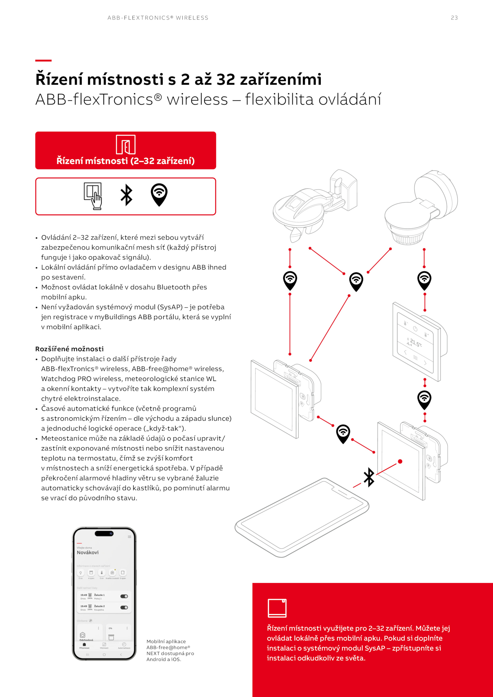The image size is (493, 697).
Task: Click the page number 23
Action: point(454,18)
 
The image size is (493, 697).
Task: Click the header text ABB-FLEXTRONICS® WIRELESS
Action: point(158,18)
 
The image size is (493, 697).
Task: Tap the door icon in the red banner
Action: point(126,144)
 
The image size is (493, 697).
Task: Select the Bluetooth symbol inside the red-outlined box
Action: point(126,195)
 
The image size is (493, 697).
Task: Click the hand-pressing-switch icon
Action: point(93,196)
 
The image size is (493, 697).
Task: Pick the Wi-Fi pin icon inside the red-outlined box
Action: point(159,195)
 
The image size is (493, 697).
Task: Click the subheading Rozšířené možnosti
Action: point(69,349)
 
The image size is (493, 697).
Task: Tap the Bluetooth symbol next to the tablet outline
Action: point(369,477)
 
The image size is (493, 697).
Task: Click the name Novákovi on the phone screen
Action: point(88,553)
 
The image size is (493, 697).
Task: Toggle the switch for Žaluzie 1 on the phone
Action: point(124,596)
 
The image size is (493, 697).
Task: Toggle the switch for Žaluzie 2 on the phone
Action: point(124,607)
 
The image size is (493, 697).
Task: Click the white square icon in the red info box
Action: point(277,608)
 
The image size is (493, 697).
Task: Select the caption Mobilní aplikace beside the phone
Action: point(166,641)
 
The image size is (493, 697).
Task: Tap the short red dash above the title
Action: point(43,60)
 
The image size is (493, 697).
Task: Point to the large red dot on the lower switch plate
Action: point(400,461)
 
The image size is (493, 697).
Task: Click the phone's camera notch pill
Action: point(104,533)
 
